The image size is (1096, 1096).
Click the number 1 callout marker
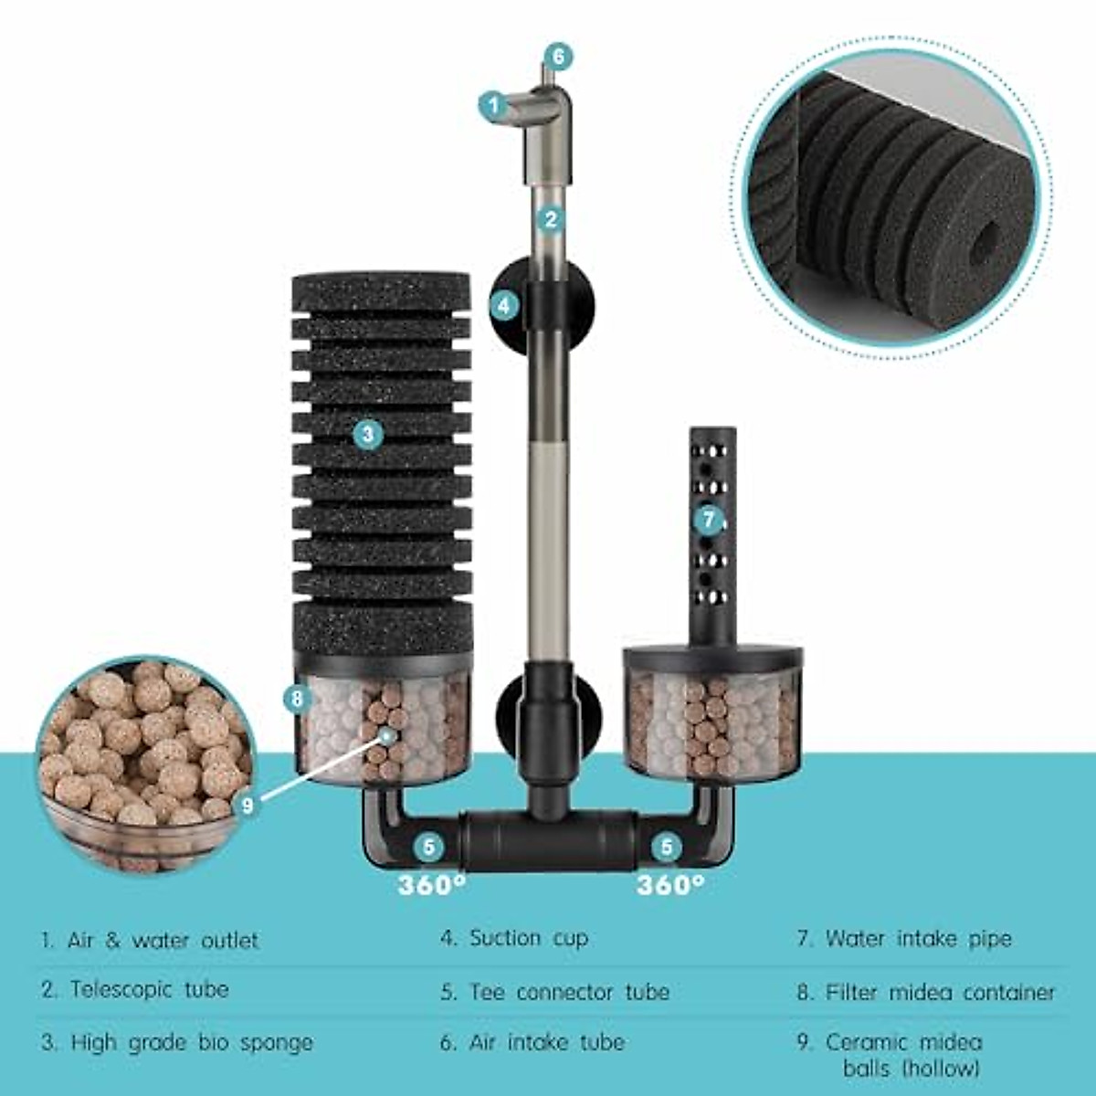pyautogui.click(x=494, y=106)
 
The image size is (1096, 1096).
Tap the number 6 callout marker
pyautogui.click(x=559, y=57)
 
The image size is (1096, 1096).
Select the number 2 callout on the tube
pyautogui.click(x=550, y=219)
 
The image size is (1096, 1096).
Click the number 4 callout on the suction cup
pyautogui.click(x=505, y=305)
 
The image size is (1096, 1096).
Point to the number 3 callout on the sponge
pyautogui.click(x=367, y=435)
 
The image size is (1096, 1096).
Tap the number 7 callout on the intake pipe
pyautogui.click(x=709, y=520)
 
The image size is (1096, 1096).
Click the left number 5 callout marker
pyautogui.click(x=429, y=847)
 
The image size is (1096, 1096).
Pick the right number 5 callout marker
pyautogui.click(x=667, y=847)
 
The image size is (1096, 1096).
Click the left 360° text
pyautogui.click(x=431, y=885)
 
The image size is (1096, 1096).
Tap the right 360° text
pyautogui.click(x=670, y=885)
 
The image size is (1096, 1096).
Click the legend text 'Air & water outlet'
pyautogui.click(x=163, y=940)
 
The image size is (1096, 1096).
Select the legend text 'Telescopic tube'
pyautogui.click(x=149, y=989)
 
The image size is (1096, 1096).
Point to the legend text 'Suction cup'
pyautogui.click(x=529, y=938)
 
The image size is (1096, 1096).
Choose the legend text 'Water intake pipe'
pyautogui.click(x=918, y=939)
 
